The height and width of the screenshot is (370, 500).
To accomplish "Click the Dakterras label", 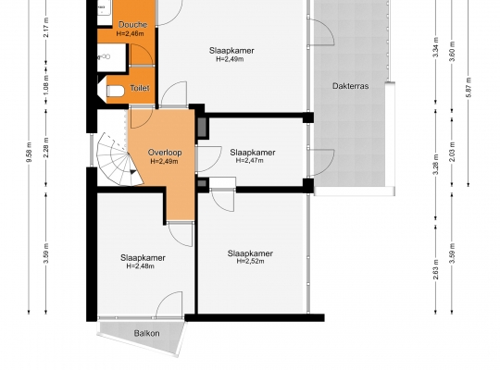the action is pyautogui.click(x=350, y=86).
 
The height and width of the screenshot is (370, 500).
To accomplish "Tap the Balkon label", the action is pyautogui.click(x=146, y=333).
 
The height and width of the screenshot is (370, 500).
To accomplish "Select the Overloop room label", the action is pyautogui.click(x=165, y=153).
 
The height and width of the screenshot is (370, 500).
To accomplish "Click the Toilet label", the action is pyautogui.click(x=140, y=88).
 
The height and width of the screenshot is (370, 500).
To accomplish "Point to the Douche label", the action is pyautogui.click(x=133, y=25).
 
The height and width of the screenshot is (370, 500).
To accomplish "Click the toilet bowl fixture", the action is pyautogui.click(x=115, y=92).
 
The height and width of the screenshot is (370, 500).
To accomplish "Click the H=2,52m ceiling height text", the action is pyautogui.click(x=250, y=262).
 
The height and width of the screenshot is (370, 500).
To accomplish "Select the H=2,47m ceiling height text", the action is pyautogui.click(x=250, y=161).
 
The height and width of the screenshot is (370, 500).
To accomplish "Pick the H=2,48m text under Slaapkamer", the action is pyautogui.click(x=141, y=266).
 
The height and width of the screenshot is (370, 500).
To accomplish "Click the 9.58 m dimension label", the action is pyautogui.click(x=29, y=152).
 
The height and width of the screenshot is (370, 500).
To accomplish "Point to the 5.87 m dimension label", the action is pyautogui.click(x=469, y=87).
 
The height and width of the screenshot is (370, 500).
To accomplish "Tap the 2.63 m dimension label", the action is pyautogui.click(x=436, y=269).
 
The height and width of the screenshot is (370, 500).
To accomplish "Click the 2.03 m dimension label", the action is pyautogui.click(x=452, y=152).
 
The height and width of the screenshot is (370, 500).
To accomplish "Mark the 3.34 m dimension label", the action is pyautogui.click(x=436, y=47).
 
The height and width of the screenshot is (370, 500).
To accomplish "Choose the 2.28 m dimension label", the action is pyautogui.click(x=46, y=148).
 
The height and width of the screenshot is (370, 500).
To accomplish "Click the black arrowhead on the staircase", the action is pyautogui.click(x=132, y=172).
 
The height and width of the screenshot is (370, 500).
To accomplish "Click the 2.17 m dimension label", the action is pyautogui.click(x=46, y=28).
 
